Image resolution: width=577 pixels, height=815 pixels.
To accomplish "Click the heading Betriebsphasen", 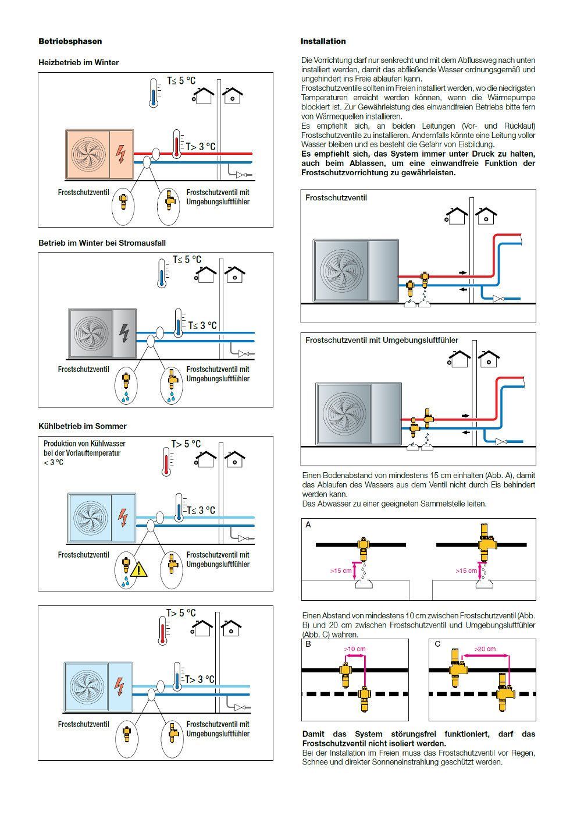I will pyautogui.click(x=70, y=41).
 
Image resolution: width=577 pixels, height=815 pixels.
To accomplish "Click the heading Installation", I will pyautogui.click(x=323, y=41).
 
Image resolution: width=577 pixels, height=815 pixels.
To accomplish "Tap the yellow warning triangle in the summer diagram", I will pyautogui.click(x=139, y=569).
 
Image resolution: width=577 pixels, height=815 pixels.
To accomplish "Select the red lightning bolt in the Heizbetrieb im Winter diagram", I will pyautogui.click(x=120, y=153).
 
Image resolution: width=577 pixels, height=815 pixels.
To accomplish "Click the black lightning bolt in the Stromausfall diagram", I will pyautogui.click(x=124, y=332).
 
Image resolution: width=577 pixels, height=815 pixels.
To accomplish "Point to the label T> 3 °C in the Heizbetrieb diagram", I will pyautogui.click(x=200, y=147).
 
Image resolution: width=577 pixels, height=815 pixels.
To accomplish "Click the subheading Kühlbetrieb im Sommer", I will pyautogui.click(x=82, y=426).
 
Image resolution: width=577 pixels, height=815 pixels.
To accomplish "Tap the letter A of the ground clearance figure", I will pyautogui.click(x=308, y=525).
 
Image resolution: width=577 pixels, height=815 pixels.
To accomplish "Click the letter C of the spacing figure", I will pyautogui.click(x=437, y=644).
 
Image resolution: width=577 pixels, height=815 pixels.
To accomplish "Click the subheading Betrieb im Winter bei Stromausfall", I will pyautogui.click(x=106, y=243).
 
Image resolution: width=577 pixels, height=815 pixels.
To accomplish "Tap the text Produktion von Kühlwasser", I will pyautogui.click(x=84, y=444).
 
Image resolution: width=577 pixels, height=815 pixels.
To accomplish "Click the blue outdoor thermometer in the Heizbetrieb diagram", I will pyautogui.click(x=153, y=93).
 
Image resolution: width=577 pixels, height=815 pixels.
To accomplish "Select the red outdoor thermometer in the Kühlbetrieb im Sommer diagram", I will pyautogui.click(x=166, y=461).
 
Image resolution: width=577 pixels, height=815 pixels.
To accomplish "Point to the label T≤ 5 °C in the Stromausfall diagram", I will pyautogui.click(x=187, y=260).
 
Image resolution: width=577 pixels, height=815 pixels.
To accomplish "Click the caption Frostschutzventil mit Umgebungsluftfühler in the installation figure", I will pyautogui.click(x=382, y=340).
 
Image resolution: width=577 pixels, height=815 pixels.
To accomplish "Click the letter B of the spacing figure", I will pyautogui.click(x=308, y=644).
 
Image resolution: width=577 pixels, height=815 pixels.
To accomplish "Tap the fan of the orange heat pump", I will pyautogui.click(x=87, y=154).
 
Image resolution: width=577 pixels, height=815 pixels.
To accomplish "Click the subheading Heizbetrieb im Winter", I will pyautogui.click(x=79, y=62).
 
